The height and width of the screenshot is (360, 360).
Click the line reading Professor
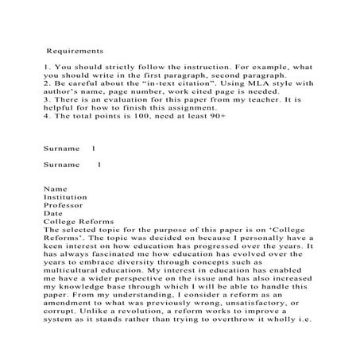[x=64, y=204]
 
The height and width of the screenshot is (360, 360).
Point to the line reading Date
[x=53, y=212]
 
